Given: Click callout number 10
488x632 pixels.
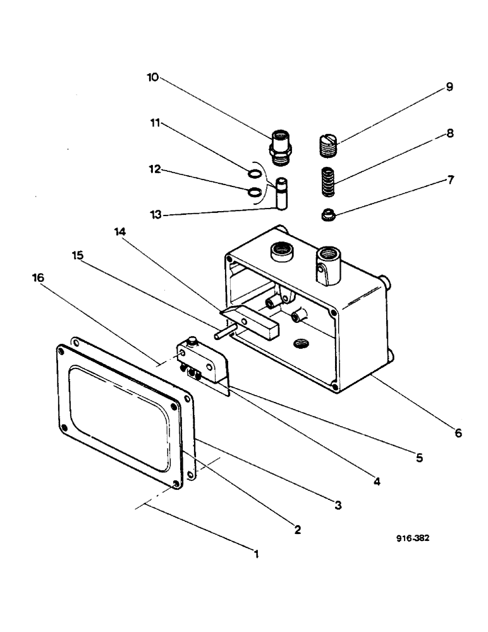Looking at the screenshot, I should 152,78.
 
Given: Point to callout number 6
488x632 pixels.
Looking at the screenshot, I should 458,433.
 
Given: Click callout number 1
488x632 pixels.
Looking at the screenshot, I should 256,554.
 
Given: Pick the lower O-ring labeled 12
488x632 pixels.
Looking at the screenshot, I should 253,192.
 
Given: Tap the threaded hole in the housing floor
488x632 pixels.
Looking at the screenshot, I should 302,343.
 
